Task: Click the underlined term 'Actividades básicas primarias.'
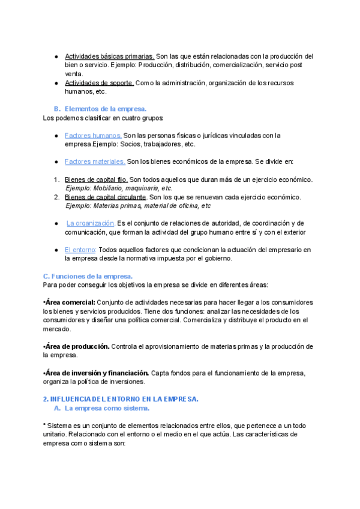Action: coord(109,56)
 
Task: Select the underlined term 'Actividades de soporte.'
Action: coord(99,83)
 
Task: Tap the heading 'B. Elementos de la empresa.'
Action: coord(100,109)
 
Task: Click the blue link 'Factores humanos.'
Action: coord(93,136)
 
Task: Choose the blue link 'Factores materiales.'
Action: coord(95,161)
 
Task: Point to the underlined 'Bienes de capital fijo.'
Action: coord(96,179)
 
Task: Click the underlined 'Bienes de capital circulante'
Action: coord(105,197)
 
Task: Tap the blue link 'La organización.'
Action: coord(91,223)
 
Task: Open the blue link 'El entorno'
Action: coord(80,249)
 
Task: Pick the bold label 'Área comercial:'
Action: coord(70,303)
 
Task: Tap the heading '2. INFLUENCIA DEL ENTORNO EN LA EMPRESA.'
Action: coord(121,399)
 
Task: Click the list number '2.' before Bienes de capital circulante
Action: coord(56,197)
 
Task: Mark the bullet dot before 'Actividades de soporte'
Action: coord(55,83)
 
